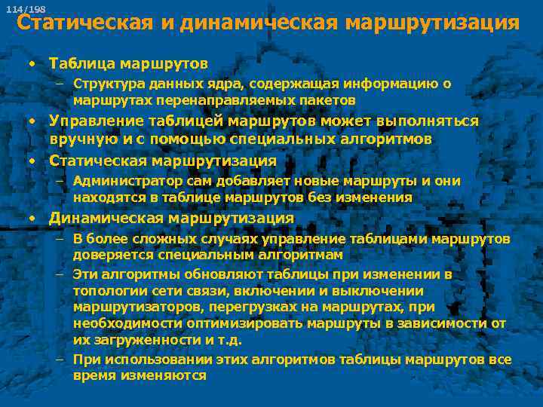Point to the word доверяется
[108, 255]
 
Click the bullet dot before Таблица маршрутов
[32, 63]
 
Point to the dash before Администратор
[59, 182]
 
